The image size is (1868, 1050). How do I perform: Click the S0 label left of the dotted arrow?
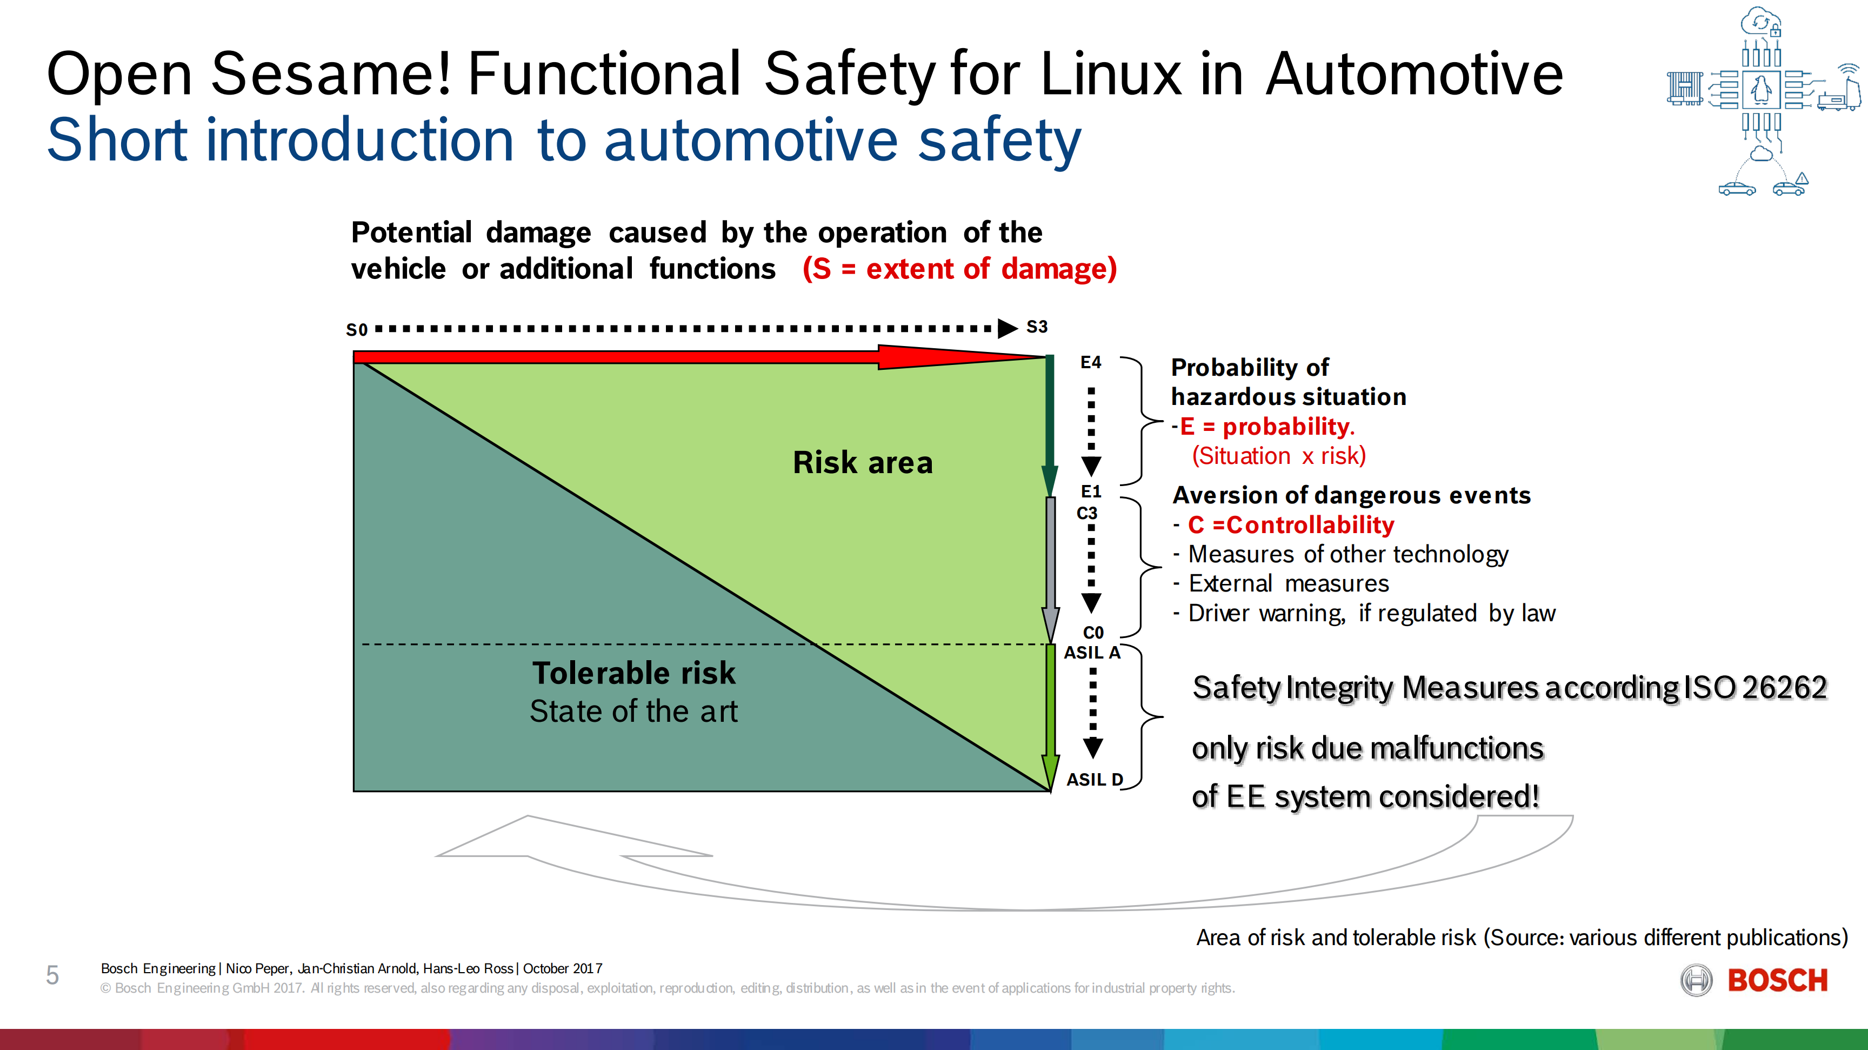point(357,330)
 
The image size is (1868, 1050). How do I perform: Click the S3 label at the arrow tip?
point(1037,327)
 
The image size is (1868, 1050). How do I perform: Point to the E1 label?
point(1091,491)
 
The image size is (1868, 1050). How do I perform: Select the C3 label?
point(1087,514)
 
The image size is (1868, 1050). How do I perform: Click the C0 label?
point(1093,632)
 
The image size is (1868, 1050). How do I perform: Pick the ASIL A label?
point(1092,653)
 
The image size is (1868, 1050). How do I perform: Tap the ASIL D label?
point(1094,780)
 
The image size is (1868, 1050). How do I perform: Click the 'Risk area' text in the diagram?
point(862,463)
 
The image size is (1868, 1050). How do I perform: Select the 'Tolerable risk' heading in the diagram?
point(634,673)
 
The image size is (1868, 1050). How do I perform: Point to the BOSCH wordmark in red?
point(1777,980)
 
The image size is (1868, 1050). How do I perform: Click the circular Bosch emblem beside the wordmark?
point(1696,980)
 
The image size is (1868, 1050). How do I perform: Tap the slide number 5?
point(52,975)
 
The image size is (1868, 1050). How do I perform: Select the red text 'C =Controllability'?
point(1291,524)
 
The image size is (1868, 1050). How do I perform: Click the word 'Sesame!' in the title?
point(331,74)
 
